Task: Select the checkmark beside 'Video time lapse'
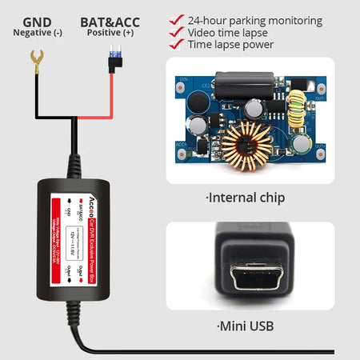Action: pos(176,33)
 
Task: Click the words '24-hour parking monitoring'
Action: pos(255,20)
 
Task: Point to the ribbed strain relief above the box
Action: pos(74,164)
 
